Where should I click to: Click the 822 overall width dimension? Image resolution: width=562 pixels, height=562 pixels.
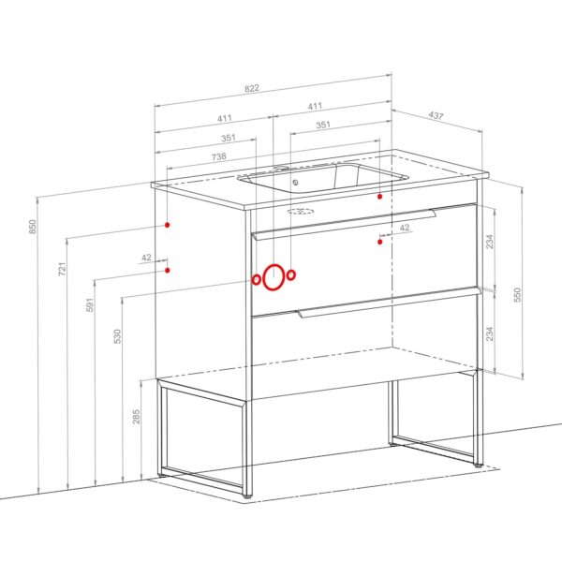(252, 88)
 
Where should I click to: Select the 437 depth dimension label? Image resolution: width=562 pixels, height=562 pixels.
(436, 115)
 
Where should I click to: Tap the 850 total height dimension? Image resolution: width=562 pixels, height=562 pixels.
(32, 227)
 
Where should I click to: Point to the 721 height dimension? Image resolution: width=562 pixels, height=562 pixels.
(63, 269)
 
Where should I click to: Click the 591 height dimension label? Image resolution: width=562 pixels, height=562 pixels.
(90, 304)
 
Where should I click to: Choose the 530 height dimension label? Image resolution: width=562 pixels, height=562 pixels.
(117, 336)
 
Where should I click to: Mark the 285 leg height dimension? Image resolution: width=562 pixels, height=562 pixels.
(136, 417)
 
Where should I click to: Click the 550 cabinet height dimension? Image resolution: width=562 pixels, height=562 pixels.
(517, 295)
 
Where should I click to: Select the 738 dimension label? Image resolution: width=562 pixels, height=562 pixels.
(218, 156)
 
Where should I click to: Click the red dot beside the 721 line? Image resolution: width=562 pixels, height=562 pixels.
(167, 225)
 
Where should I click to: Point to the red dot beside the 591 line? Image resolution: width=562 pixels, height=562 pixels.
(168, 270)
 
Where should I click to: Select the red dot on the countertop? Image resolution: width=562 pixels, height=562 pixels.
(380, 197)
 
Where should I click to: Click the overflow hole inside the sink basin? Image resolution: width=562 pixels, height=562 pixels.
(295, 183)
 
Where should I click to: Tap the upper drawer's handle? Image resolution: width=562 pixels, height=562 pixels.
(344, 224)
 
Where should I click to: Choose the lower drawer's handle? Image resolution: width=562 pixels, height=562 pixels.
(389, 303)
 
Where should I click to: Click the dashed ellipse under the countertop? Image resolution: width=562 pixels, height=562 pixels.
(301, 211)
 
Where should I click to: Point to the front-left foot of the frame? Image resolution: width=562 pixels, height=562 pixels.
(247, 496)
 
